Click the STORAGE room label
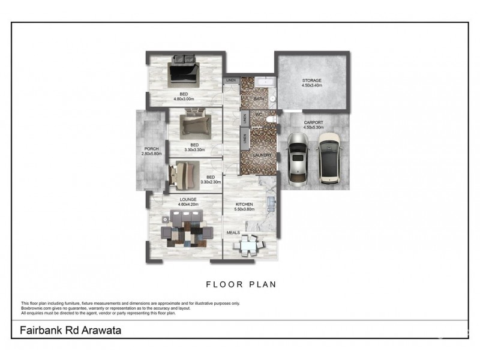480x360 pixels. pos(311,80)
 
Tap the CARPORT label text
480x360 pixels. pos(313,122)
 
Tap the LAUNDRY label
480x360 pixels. pos(262,155)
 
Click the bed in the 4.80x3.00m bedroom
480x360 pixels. pos(184,70)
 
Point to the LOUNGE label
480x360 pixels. pos(187,200)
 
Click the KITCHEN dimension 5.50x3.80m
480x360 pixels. pos(244,210)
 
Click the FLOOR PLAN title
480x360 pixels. pos(241,284)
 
